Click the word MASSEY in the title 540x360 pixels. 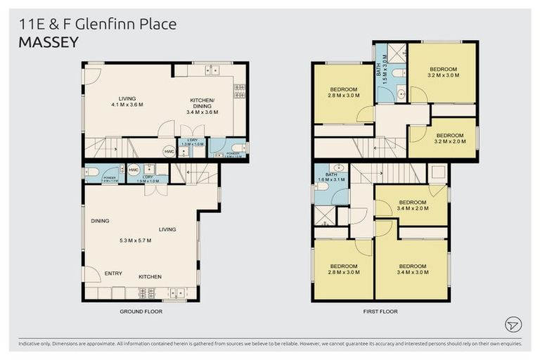[49, 42]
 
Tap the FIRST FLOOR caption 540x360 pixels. [380, 310]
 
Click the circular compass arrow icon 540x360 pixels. [513, 324]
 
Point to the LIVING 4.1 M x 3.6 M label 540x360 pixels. [127, 101]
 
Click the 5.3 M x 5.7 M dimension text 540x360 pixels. [135, 240]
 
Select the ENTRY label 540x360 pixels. [113, 273]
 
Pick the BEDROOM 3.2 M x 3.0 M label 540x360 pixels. [443, 72]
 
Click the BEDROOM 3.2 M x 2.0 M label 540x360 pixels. [449, 138]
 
